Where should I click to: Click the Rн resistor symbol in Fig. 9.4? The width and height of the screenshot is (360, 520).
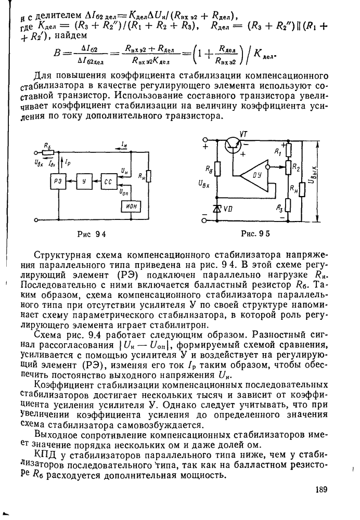click(x=149, y=177)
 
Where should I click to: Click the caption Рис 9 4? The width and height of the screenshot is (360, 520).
click(x=92, y=233)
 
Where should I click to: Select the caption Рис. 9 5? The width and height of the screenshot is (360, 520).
click(x=256, y=233)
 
